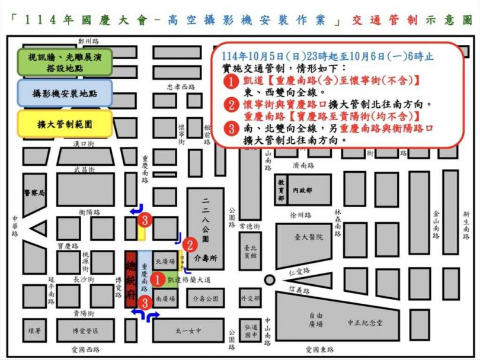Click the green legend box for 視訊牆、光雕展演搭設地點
pos(65,61)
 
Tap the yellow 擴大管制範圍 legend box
pos(65,125)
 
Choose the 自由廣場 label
pos(315,320)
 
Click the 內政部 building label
pos(302,190)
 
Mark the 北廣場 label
pos(164,261)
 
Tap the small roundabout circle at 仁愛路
pos(269,279)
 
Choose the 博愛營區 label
pos(85,330)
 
